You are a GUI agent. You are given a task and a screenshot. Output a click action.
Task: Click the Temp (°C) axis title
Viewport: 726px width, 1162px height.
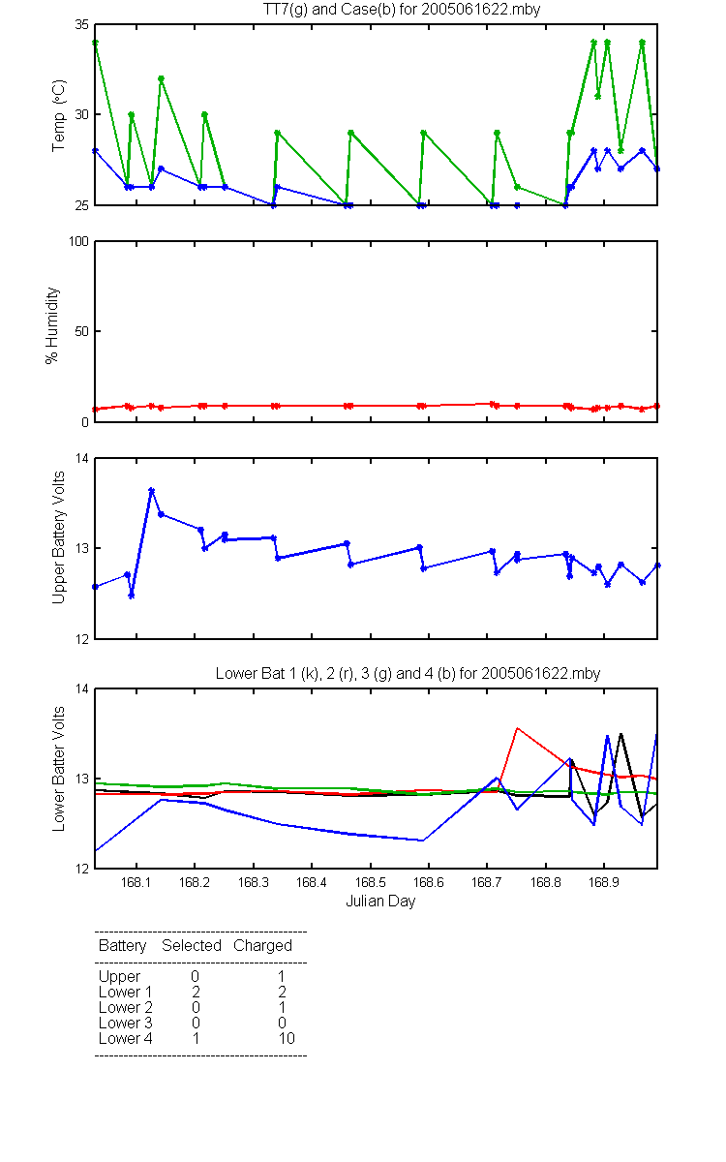pyautogui.click(x=59, y=115)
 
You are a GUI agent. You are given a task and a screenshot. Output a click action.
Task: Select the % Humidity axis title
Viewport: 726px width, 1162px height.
pyautogui.click(x=52, y=325)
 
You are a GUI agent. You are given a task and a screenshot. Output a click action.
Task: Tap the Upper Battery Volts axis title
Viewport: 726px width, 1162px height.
pyautogui.click(x=58, y=537)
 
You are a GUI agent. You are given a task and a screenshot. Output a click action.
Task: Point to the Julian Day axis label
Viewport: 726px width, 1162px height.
pyautogui.click(x=380, y=902)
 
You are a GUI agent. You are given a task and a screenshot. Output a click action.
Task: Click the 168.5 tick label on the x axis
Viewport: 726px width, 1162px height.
pyautogui.click(x=370, y=882)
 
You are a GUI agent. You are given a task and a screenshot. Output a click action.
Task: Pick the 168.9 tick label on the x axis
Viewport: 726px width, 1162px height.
pyautogui.click(x=604, y=882)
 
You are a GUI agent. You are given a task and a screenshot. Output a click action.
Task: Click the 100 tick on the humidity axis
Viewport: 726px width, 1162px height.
pyautogui.click(x=78, y=241)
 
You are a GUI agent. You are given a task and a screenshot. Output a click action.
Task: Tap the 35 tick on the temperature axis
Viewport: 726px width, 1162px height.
pyautogui.click(x=82, y=24)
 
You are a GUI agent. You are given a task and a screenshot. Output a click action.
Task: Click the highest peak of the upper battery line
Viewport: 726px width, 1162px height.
pyautogui.click(x=151, y=490)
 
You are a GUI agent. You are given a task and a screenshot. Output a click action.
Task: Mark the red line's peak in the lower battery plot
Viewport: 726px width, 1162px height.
pyautogui.click(x=517, y=728)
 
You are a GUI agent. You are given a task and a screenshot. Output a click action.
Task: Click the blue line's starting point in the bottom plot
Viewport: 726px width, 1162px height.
pyautogui.click(x=96, y=851)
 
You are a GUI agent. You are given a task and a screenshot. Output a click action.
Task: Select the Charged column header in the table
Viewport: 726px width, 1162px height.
pyautogui.click(x=262, y=946)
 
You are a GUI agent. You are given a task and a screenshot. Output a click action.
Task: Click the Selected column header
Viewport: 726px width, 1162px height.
pyautogui.click(x=192, y=946)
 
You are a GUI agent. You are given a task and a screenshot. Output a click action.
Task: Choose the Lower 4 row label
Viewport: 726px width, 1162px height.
pyautogui.click(x=126, y=1038)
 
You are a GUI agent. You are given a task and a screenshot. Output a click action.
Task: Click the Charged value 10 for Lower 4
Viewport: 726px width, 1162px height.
pyautogui.click(x=287, y=1038)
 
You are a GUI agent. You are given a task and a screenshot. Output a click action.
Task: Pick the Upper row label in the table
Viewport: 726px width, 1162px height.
pyautogui.click(x=119, y=977)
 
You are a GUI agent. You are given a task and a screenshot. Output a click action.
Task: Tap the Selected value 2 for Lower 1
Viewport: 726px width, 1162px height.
pyautogui.click(x=196, y=992)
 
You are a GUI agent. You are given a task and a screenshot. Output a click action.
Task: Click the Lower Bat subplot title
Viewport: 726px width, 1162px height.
pyautogui.click(x=408, y=673)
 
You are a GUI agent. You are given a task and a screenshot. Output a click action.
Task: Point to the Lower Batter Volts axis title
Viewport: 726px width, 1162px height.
pyautogui.click(x=58, y=769)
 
